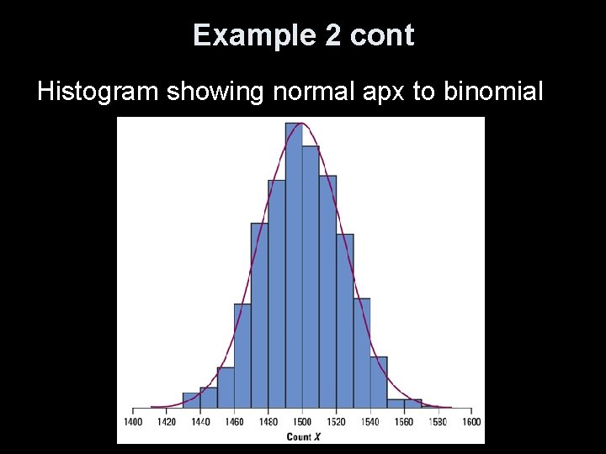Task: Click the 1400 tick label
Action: (x=132, y=422)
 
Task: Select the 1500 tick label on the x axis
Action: (x=302, y=422)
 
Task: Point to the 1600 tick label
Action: (x=471, y=422)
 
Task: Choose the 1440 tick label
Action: (x=200, y=422)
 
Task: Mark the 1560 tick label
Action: (x=404, y=422)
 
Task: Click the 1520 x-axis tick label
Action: (x=336, y=422)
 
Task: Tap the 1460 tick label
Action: (x=234, y=422)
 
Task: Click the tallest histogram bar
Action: (x=294, y=269)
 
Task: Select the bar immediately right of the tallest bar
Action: (x=311, y=277)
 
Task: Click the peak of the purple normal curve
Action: (x=302, y=124)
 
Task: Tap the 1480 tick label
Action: (x=268, y=422)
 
